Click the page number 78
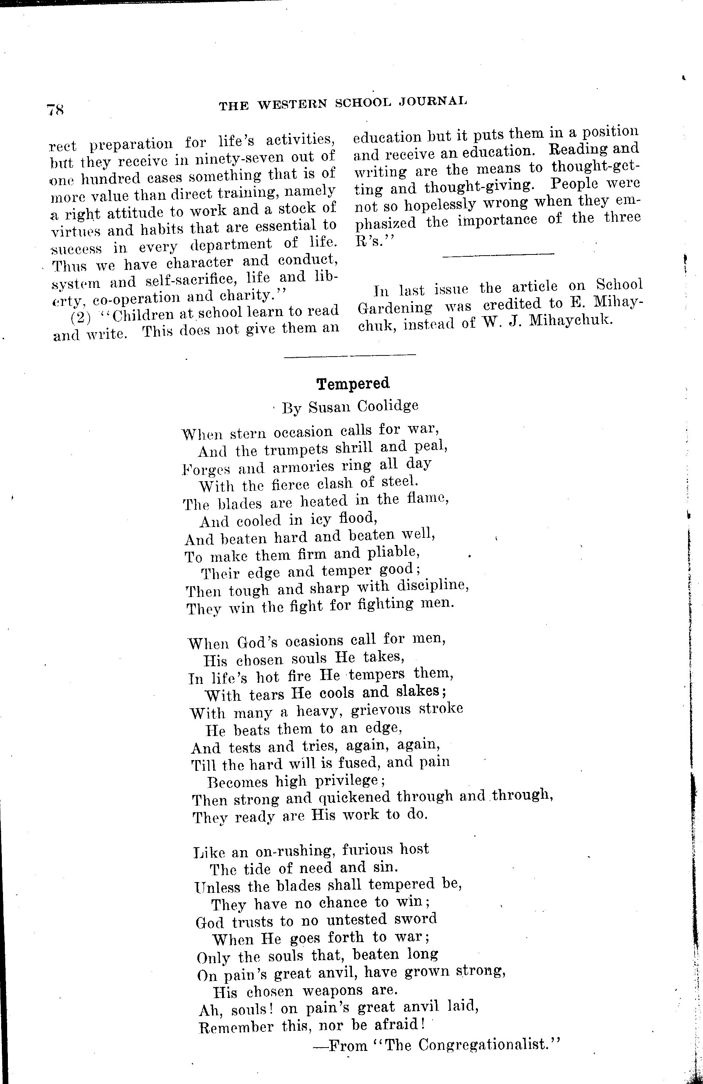click(55, 110)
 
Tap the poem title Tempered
click(353, 384)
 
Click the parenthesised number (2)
click(81, 315)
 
